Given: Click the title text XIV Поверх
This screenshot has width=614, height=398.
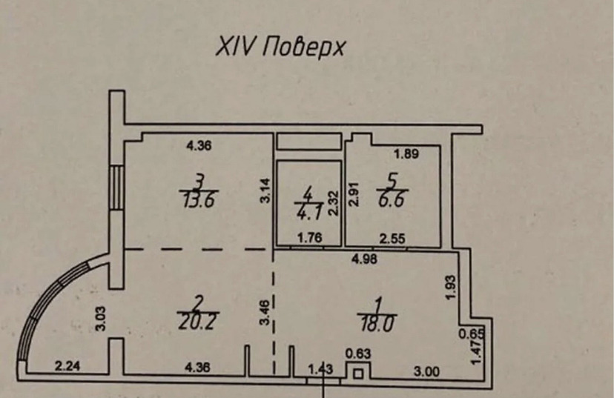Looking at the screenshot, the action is (281, 48).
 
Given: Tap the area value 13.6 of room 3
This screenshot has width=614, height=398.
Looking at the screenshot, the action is (199, 201).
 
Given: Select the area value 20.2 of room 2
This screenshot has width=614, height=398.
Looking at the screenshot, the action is (197, 322).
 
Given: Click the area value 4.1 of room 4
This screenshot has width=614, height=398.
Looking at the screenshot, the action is (308, 213).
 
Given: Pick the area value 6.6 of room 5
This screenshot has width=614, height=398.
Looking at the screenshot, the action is (392, 199).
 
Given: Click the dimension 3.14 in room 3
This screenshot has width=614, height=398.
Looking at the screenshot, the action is (265, 190).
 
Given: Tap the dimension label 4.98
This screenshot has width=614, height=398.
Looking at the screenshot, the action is (365, 259).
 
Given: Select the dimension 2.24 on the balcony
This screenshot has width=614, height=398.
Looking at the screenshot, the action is (67, 366).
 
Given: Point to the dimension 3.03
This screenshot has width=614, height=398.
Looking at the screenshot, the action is (102, 319).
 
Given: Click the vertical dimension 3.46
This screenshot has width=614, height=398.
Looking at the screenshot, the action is (265, 312).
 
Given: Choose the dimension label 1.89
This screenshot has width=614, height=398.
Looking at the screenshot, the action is (406, 154).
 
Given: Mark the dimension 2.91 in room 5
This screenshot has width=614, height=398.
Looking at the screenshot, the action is (354, 194).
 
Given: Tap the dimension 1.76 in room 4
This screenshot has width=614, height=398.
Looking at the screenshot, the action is (309, 238).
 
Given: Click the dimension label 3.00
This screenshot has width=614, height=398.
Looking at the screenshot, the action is (427, 371).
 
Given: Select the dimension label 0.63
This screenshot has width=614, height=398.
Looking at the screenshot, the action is (358, 354).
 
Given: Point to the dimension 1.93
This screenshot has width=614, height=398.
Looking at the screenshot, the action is (451, 288).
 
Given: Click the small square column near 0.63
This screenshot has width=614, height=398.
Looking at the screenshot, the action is (358, 374).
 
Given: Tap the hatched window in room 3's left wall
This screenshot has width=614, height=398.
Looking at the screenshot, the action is (116, 187).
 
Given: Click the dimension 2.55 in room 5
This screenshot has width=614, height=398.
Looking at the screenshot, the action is (393, 238).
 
